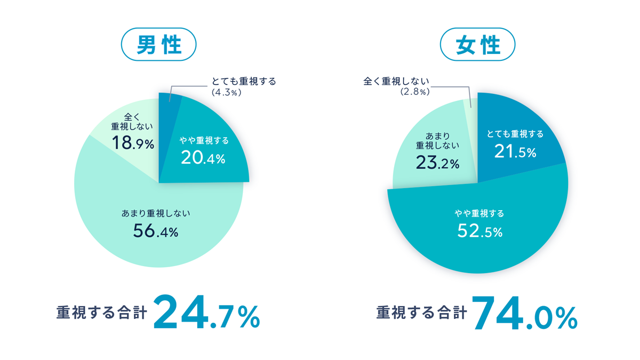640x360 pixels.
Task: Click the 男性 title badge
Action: click(x=159, y=44)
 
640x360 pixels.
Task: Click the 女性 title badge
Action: click(x=477, y=44)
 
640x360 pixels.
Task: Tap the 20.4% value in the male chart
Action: click(x=203, y=158)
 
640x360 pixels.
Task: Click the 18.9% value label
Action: click(x=133, y=143)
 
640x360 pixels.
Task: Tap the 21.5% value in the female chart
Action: click(x=515, y=152)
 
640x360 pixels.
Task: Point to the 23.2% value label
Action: click(x=437, y=164)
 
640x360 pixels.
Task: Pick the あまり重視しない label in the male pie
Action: click(x=156, y=213)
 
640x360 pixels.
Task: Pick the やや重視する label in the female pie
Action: click(x=479, y=213)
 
